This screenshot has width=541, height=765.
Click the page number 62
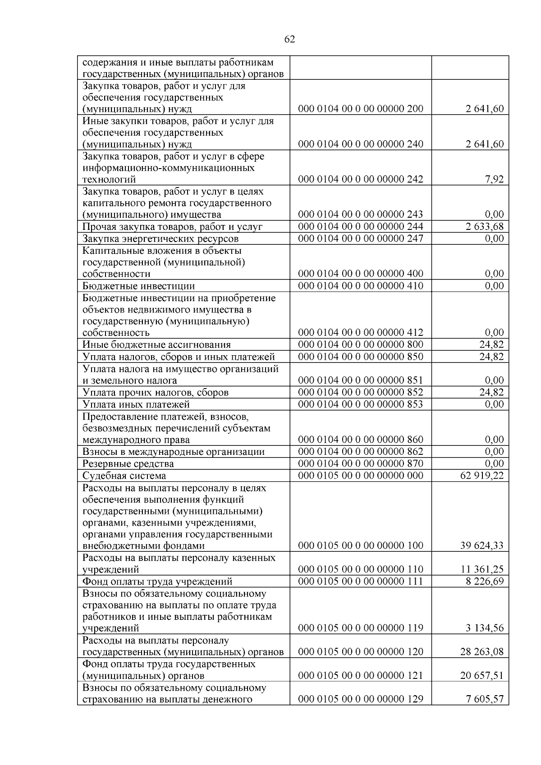(x=290, y=39)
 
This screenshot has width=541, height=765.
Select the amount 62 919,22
(x=481, y=476)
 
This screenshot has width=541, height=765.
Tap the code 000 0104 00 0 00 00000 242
(x=361, y=179)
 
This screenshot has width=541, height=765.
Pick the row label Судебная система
(x=124, y=476)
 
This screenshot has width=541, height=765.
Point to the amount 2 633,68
(x=485, y=226)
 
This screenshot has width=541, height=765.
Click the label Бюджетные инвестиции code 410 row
(x=138, y=286)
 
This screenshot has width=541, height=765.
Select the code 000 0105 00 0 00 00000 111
(x=361, y=581)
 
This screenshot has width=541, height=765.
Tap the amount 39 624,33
(x=481, y=545)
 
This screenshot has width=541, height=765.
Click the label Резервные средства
(x=128, y=464)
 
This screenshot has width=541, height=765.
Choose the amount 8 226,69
(x=485, y=581)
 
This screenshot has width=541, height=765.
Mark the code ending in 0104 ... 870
(x=361, y=463)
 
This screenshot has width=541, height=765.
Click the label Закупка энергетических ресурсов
(x=160, y=238)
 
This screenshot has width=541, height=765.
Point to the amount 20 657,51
(x=481, y=676)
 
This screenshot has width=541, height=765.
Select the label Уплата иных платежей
(x=136, y=404)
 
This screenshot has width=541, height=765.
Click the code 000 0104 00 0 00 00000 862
(x=361, y=452)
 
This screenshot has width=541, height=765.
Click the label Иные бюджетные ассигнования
(x=156, y=345)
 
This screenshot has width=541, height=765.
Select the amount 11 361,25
(x=481, y=569)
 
